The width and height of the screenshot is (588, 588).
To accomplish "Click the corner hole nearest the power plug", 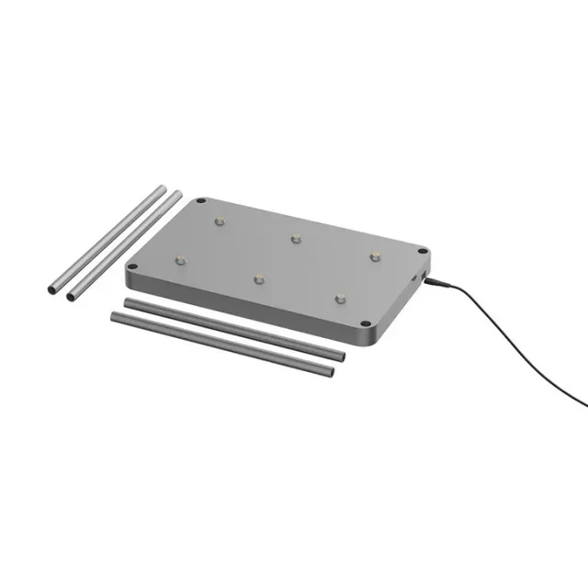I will (x=421, y=250).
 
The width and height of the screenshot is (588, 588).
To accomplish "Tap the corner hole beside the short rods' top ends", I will (x=200, y=200).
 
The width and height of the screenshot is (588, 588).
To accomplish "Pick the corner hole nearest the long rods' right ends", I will (x=366, y=324).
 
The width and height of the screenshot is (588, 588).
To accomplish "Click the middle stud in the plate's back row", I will (x=296, y=239).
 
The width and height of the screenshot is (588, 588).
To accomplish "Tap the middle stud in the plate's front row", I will (x=260, y=277).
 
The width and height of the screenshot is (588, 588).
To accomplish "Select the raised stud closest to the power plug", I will (x=375, y=256).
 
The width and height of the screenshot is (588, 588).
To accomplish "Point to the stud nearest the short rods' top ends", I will (x=220, y=220).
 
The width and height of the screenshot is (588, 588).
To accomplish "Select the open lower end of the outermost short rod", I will (x=51, y=289).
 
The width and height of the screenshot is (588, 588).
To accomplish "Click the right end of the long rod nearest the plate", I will (x=340, y=356).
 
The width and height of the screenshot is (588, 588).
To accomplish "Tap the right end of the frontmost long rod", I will (x=327, y=372).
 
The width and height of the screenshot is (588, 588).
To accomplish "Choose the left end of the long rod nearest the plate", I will (x=128, y=301).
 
